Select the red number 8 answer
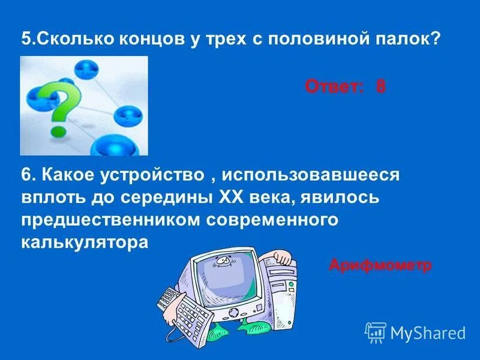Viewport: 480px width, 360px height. click(x=380, y=87)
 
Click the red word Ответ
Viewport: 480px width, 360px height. click(x=334, y=87)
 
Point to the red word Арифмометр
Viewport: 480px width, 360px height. click(x=380, y=265)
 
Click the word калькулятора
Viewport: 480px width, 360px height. click(x=84, y=242)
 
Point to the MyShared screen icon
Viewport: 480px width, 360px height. click(x=375, y=332)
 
